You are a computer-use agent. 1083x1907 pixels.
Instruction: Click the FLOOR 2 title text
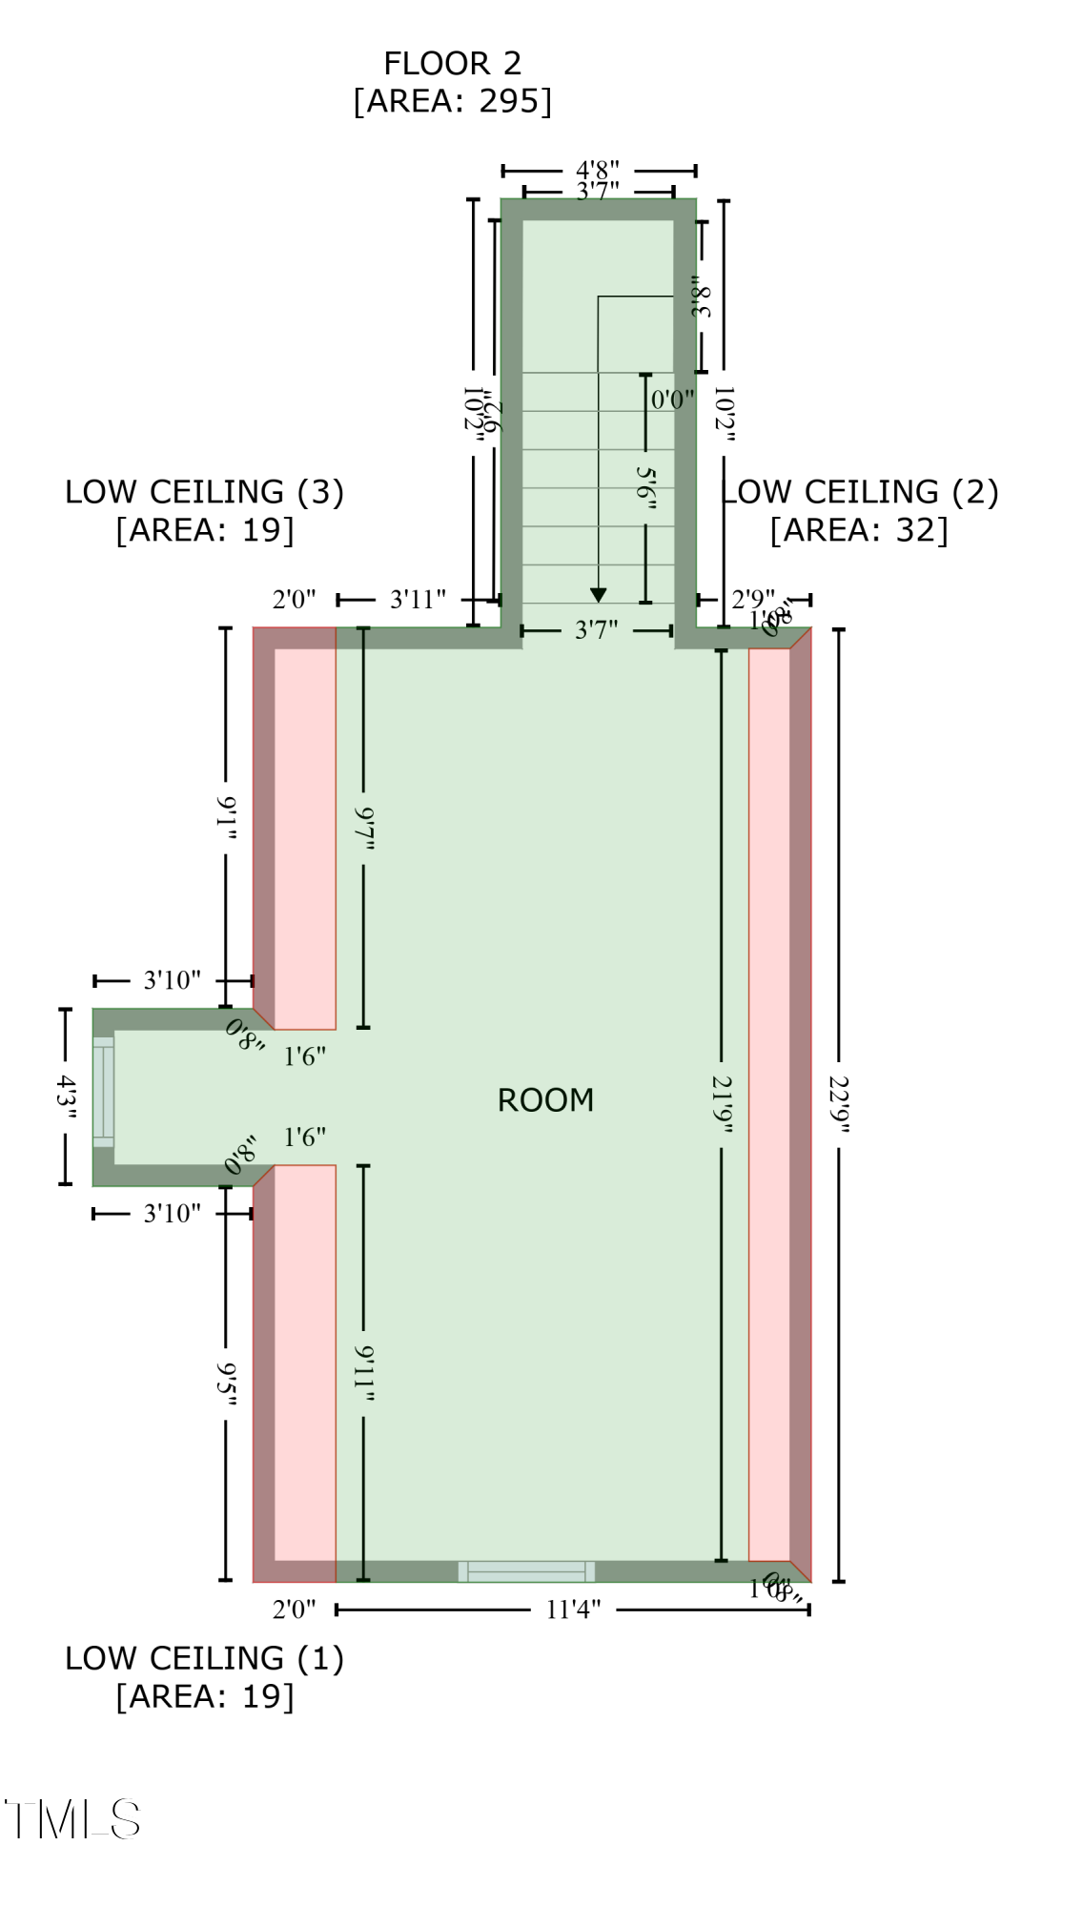click(x=452, y=63)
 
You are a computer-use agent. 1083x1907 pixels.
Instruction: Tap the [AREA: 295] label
click(x=452, y=101)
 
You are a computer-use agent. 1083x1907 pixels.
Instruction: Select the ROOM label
click(x=545, y=1100)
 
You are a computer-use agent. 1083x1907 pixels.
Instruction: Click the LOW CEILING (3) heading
click(x=204, y=492)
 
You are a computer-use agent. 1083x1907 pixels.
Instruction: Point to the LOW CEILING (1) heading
click(x=204, y=1658)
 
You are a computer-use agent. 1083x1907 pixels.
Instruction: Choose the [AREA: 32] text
click(x=859, y=530)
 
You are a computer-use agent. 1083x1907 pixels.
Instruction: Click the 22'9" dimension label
click(x=838, y=1104)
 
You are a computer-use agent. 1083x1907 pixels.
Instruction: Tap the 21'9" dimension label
click(x=722, y=1104)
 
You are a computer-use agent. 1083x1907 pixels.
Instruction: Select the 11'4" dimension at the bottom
click(x=573, y=1610)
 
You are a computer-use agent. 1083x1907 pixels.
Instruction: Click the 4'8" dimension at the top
click(x=598, y=171)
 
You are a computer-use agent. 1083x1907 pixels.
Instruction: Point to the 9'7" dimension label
click(x=363, y=828)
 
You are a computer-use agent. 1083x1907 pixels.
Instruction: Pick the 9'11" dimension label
click(x=363, y=1373)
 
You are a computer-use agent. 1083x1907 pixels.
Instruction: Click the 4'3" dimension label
click(x=65, y=1097)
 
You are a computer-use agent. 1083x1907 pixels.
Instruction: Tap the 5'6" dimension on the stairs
click(x=645, y=487)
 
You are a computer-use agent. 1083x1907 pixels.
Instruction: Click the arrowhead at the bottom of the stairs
click(x=599, y=595)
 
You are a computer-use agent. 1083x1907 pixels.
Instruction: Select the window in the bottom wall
click(x=526, y=1570)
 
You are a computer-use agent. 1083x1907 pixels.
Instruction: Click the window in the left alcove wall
click(x=103, y=1092)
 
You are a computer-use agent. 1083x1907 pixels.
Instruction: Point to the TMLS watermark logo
click(x=73, y=1819)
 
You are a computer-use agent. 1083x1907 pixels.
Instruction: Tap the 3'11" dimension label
click(x=418, y=600)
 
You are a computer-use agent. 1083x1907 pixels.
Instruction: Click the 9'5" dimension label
click(x=226, y=1383)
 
